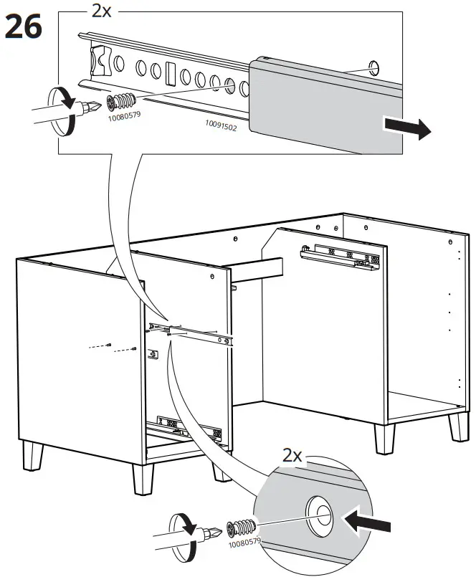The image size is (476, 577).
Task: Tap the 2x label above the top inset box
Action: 101,11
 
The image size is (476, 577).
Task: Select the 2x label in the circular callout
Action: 292,455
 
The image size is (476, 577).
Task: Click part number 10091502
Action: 221,125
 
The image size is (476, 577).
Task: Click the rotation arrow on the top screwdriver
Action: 62,110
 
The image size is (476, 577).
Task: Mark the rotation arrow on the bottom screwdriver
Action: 186,538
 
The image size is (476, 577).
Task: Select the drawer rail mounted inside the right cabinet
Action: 341,257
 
